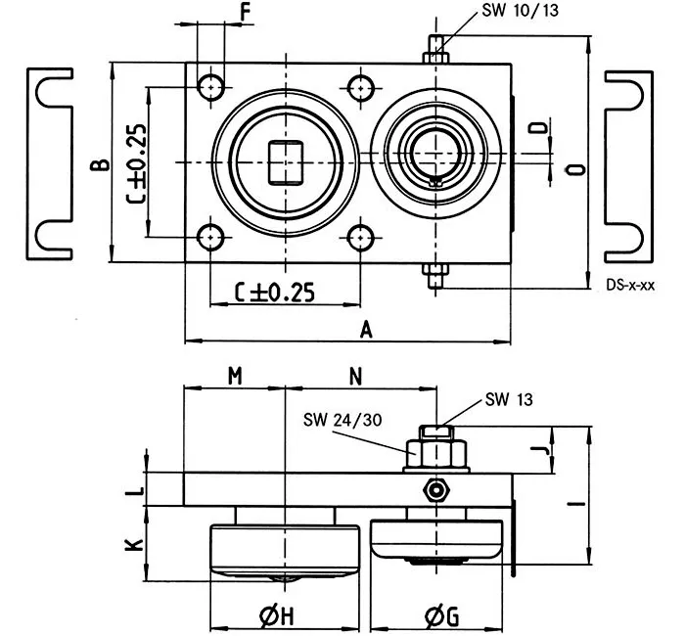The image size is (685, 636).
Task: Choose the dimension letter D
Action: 536,130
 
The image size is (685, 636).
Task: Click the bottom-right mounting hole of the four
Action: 361,237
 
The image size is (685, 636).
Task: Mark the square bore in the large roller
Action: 285,161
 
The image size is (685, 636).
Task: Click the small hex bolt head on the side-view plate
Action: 434,489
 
